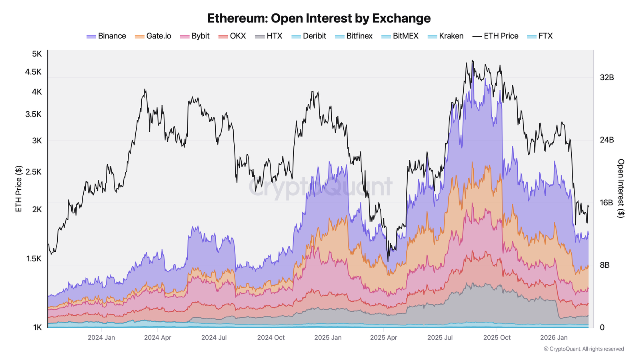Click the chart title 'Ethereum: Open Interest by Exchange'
[x=319, y=18]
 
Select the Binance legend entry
[x=106, y=36]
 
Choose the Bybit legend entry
[x=195, y=36]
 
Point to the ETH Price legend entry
[x=496, y=36]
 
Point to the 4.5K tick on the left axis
[x=33, y=72]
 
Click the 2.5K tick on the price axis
[x=33, y=172]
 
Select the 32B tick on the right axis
[x=607, y=78]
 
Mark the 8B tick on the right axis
[x=604, y=265]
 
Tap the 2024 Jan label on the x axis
[x=102, y=338]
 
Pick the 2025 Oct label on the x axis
[x=497, y=338]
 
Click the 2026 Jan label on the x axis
[x=554, y=338]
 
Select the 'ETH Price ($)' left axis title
[x=19, y=189]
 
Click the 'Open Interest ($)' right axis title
[x=621, y=188]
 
